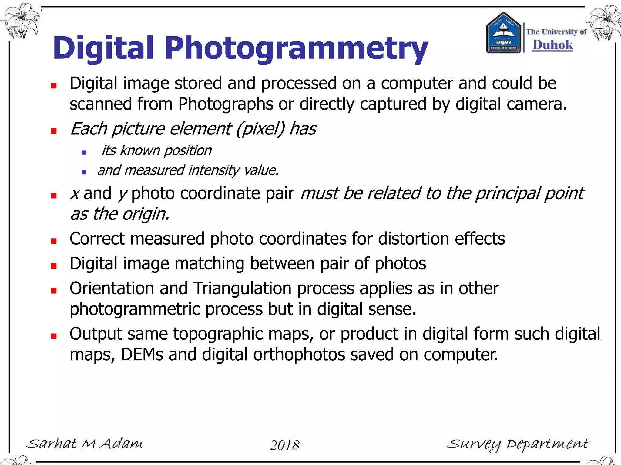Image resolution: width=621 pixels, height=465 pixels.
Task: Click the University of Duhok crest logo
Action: (503, 33)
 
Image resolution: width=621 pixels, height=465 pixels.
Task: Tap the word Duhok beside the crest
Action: (552, 45)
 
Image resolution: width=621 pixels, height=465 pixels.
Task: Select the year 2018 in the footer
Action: (285, 445)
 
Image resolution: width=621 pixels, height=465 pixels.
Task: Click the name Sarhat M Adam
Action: (85, 444)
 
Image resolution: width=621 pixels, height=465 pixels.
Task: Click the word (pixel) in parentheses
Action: (260, 129)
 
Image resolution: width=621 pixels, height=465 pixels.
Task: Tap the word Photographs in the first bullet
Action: (226, 104)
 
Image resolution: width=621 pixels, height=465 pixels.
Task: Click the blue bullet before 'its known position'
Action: (84, 153)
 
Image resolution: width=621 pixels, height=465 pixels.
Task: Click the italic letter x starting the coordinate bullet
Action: (75, 194)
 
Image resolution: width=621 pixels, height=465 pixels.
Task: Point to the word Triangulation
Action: (242, 288)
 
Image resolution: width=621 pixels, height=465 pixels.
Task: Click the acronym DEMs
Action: (142, 355)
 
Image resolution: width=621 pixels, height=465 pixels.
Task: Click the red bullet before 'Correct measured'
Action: (54, 241)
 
